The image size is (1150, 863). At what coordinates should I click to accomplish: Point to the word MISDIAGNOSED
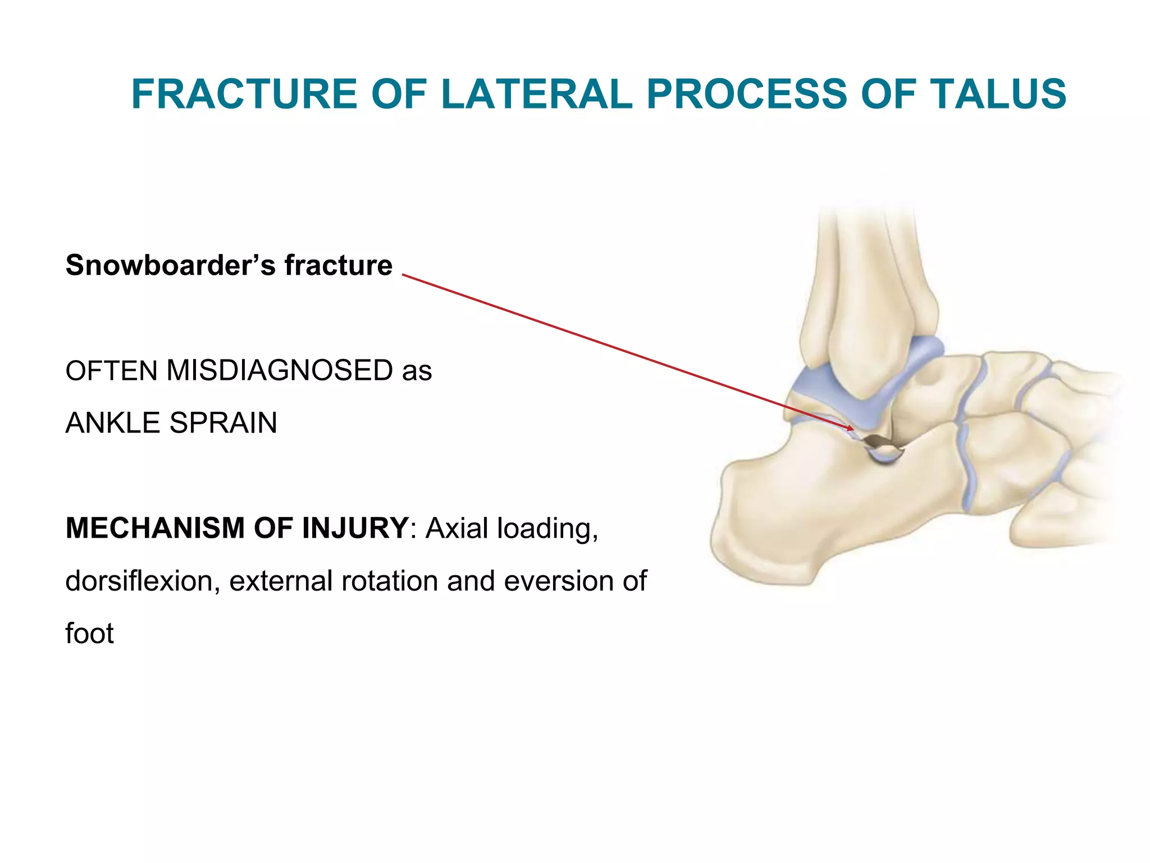(279, 371)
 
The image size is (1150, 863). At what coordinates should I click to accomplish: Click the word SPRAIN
(223, 423)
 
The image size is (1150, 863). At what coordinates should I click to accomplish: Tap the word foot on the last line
(89, 633)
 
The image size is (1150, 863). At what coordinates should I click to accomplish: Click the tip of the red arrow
(853, 430)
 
